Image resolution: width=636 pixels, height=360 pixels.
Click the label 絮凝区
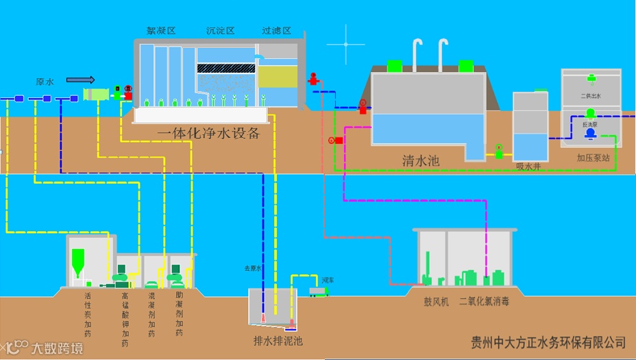pyautogui.click(x=162, y=31)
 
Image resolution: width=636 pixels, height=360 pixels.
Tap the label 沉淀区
pyautogui.click(x=221, y=31)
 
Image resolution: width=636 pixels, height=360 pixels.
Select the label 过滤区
pyautogui.click(x=277, y=31)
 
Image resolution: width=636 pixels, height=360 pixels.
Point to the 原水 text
pyautogui.click(x=45, y=82)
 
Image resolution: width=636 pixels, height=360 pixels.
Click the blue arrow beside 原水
pyautogui.click(x=80, y=80)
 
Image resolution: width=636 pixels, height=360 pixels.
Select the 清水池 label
pyautogui.click(x=421, y=162)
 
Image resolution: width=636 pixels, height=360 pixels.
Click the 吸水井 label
pyautogui.click(x=528, y=166)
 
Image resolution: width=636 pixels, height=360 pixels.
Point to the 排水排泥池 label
pyautogui.click(x=278, y=340)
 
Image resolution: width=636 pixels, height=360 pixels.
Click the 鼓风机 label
pyautogui.click(x=435, y=302)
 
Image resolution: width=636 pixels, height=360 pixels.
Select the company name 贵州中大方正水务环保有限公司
pyautogui.click(x=549, y=341)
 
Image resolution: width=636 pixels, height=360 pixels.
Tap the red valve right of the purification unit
pyautogui.click(x=314, y=80)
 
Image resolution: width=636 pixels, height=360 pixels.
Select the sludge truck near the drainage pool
pyautogui.click(x=318, y=291)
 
